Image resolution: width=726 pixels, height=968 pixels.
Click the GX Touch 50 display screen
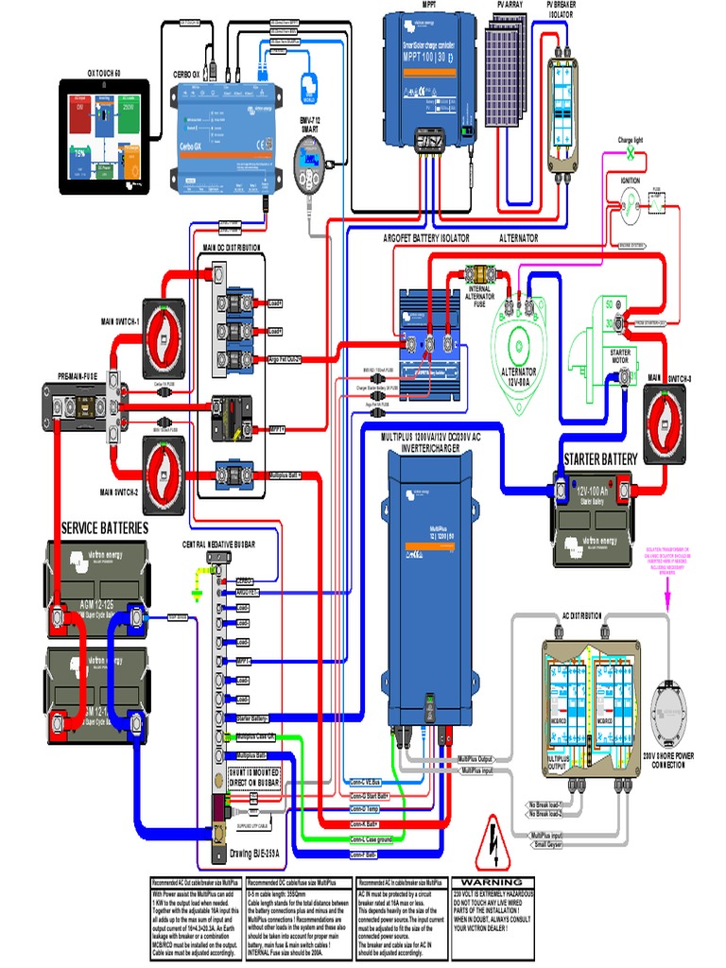pos(103,138)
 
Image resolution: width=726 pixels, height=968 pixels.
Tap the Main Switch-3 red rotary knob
pos(671,416)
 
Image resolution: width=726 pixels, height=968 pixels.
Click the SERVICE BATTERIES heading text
pos(105,527)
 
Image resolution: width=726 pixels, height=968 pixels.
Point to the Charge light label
pos(631,141)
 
